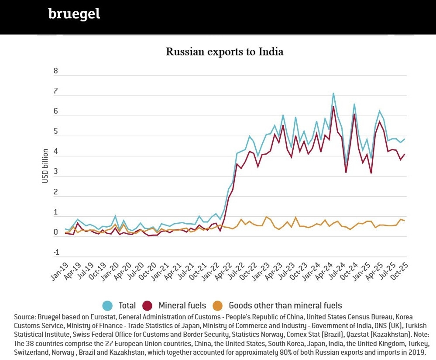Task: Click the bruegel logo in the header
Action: click(74, 14)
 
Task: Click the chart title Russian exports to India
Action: click(224, 52)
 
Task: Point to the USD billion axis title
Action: click(45, 166)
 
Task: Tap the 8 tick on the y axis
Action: click(55, 71)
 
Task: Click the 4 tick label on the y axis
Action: click(55, 152)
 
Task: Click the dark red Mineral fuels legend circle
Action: click(148, 306)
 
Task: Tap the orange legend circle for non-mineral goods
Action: click(217, 306)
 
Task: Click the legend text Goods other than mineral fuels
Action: click(285, 306)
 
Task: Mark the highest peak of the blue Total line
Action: click(333, 93)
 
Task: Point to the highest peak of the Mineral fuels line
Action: click(333, 107)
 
